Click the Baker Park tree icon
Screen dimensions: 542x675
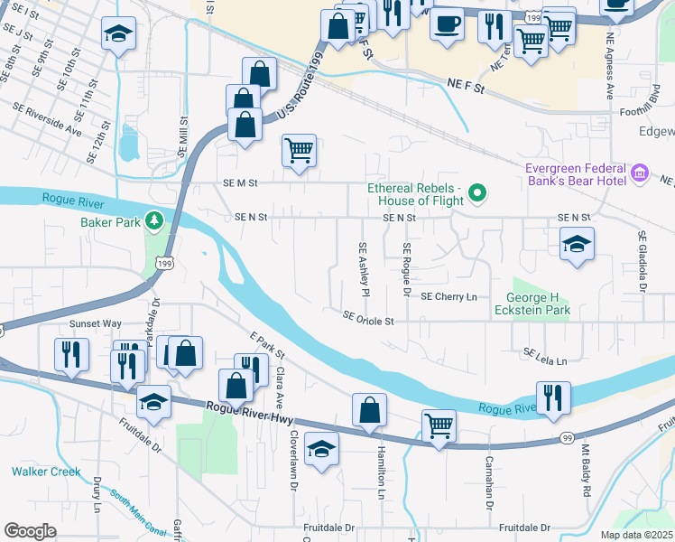pyautogui.click(x=155, y=220)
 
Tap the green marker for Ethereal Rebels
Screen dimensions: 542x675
pyautogui.click(x=480, y=192)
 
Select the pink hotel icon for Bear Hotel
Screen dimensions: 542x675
pyautogui.click(x=641, y=172)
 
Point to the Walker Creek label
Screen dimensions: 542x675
pyautogui.click(x=45, y=472)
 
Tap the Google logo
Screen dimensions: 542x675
pyautogui.click(x=30, y=530)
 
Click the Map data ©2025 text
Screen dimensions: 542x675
pyautogui.click(x=636, y=535)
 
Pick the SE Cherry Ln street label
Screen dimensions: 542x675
pyautogui.click(x=448, y=296)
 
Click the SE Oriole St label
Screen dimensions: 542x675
pyautogui.click(x=368, y=320)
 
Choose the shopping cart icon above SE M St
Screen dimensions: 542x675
pyautogui.click(x=299, y=150)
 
